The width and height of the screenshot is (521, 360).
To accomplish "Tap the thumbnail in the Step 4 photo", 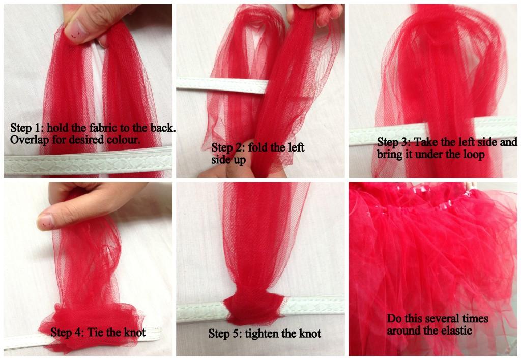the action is [x=45, y=222].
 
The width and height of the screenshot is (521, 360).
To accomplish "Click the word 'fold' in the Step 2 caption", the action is [x=259, y=147].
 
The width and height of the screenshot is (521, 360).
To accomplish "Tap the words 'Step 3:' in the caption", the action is [x=393, y=142].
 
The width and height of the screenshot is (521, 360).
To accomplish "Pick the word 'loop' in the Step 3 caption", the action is [x=474, y=154].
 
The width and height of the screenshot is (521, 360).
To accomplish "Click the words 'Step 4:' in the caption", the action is [x=67, y=332].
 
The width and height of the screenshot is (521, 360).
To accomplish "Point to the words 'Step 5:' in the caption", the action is [x=225, y=333].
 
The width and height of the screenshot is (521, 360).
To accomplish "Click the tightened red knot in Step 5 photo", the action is [x=254, y=309].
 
